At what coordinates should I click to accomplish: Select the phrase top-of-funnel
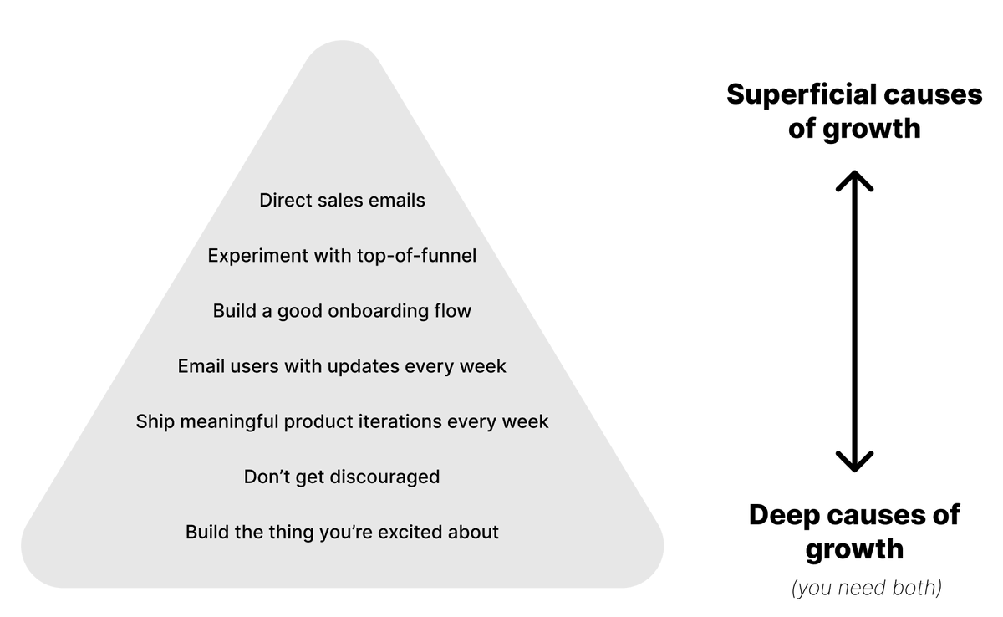[416, 256]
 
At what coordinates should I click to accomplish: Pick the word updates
[363, 366]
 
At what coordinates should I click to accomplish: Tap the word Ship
[155, 421]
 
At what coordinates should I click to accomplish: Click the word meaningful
[229, 421]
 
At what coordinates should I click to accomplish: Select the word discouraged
[384, 477]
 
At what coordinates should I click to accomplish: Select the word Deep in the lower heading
[785, 515]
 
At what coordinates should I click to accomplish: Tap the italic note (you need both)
[867, 588]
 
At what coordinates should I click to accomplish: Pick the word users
[254, 366]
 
